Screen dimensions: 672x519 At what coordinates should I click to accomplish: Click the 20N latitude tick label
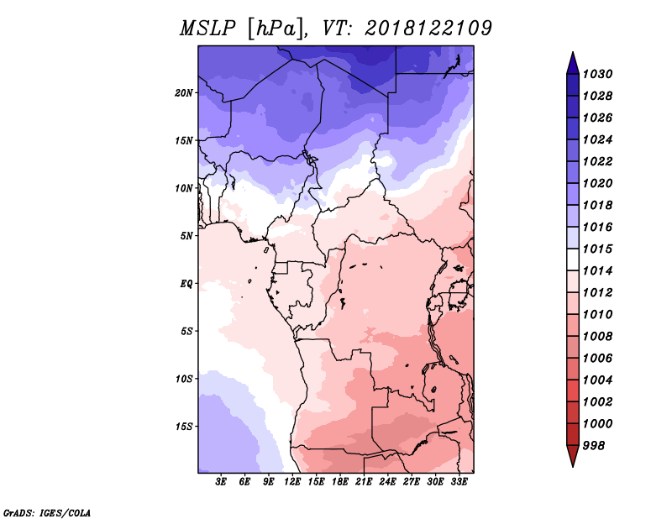[183, 93]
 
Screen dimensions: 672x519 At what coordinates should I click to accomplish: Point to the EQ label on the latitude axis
[186, 284]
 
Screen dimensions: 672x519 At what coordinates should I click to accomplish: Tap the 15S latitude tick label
[183, 427]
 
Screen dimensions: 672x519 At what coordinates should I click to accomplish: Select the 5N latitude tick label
[186, 236]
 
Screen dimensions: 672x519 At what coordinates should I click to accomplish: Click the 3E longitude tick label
[221, 481]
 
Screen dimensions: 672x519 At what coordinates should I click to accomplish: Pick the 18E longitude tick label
[340, 481]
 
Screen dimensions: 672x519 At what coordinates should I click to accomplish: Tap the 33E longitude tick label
[459, 481]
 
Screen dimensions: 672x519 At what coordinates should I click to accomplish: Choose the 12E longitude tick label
[292, 481]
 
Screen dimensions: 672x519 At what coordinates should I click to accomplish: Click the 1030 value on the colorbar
[598, 74]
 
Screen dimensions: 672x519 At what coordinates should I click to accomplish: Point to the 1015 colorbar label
[598, 249]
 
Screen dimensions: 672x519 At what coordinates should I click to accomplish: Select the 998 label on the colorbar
[594, 446]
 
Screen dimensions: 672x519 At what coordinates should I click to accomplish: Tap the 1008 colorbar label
[598, 337]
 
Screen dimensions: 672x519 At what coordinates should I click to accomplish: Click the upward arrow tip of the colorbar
[573, 52]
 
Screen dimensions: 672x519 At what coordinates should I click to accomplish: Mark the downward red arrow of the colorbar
[573, 455]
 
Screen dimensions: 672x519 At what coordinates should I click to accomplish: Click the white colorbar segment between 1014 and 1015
[573, 259]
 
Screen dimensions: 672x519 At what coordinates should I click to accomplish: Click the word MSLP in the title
[207, 29]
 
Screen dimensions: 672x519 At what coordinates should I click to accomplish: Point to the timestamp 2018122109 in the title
[428, 29]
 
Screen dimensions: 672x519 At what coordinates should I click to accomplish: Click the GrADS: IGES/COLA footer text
[47, 513]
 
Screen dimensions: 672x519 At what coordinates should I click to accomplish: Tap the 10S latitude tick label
[183, 379]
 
